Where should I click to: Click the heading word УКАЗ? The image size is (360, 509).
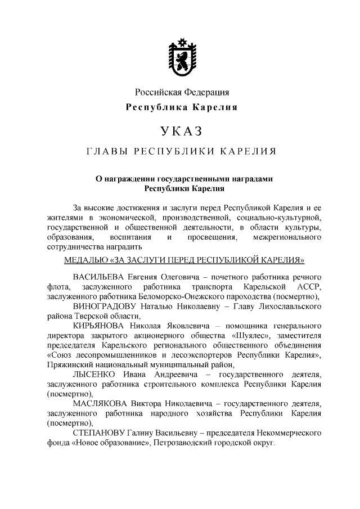tap(181, 132)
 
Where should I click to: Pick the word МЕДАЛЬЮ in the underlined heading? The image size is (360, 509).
tap(86, 260)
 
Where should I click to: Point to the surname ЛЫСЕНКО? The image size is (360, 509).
tap(94, 375)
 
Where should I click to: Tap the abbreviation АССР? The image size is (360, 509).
tap(308, 287)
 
